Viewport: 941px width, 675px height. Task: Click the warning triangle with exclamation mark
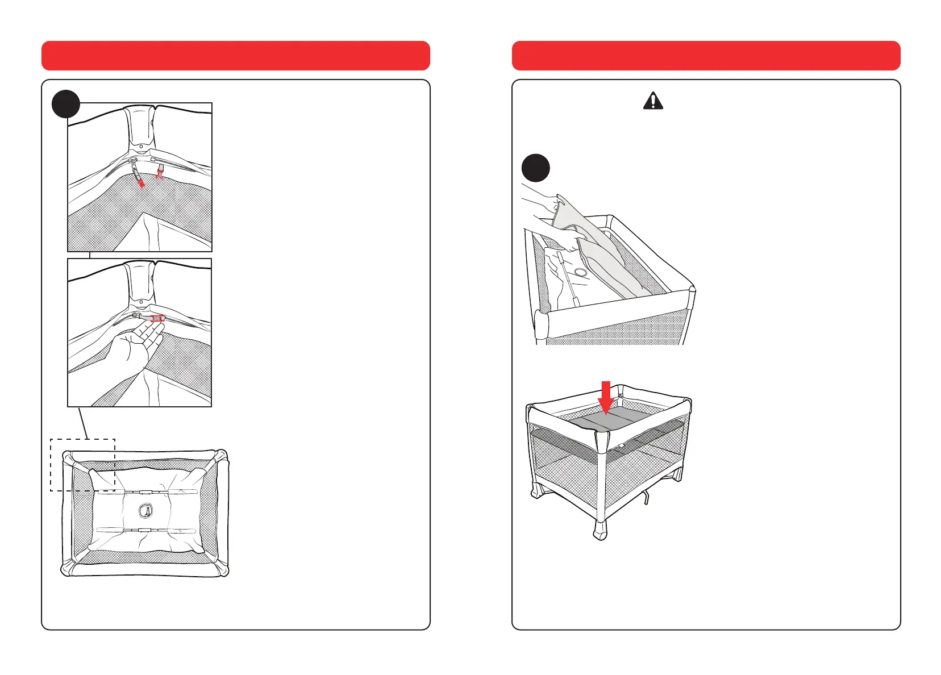(653, 101)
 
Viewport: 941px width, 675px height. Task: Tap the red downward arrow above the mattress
(606, 397)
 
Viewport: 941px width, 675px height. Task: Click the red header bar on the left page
(235, 56)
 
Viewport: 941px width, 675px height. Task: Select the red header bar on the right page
(706, 56)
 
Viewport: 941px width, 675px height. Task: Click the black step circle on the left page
(65, 105)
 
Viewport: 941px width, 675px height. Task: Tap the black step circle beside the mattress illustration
(535, 168)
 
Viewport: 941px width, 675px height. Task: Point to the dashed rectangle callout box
(83, 465)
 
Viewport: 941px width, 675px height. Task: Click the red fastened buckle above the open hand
(157, 319)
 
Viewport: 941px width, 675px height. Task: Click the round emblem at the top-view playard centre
(146, 511)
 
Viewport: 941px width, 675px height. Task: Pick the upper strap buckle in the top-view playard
(146, 492)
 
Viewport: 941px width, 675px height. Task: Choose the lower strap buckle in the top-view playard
(146, 530)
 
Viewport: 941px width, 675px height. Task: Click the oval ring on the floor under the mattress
(580, 273)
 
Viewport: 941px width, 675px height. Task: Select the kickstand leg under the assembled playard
(644, 498)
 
